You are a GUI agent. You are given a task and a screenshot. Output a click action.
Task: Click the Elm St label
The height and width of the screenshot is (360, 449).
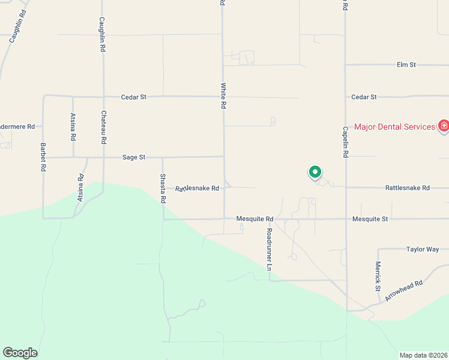(406, 64)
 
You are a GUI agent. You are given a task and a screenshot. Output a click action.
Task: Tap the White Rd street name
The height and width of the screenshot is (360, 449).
(223, 95)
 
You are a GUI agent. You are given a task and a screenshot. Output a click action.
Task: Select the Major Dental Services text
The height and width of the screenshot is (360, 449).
(394, 127)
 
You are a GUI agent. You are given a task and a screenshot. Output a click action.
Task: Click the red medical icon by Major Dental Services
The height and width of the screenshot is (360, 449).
(444, 125)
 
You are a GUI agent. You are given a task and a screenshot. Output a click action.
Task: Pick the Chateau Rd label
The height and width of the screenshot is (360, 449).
(104, 127)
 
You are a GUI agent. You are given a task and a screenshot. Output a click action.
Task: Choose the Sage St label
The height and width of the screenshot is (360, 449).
(134, 157)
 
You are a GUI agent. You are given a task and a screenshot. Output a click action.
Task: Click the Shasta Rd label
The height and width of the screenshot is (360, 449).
(163, 188)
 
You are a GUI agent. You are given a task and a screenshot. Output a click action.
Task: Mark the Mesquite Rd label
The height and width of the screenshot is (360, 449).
(255, 219)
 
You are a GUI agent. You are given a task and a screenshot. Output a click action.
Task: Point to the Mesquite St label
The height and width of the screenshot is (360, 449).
(370, 219)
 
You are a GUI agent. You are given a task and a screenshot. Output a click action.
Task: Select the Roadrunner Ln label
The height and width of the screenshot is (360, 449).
(270, 248)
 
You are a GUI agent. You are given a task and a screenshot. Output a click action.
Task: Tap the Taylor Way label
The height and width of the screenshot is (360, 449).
(423, 249)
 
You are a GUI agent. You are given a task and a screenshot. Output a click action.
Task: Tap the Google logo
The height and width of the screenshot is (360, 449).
(20, 353)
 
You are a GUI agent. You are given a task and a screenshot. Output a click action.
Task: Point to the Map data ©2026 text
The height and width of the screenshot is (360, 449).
(423, 355)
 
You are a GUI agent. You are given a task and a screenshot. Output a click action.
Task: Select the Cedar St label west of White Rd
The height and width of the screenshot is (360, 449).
(133, 96)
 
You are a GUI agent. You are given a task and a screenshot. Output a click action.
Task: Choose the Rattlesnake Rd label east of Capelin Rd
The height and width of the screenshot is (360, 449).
(407, 188)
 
